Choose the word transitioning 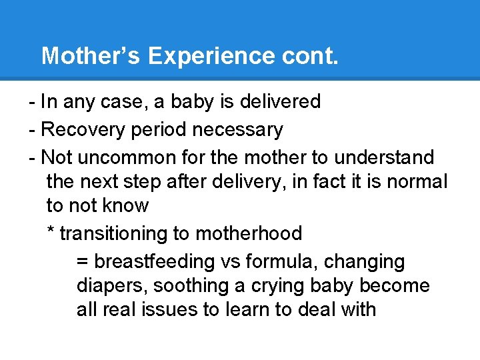pos(117,234)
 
